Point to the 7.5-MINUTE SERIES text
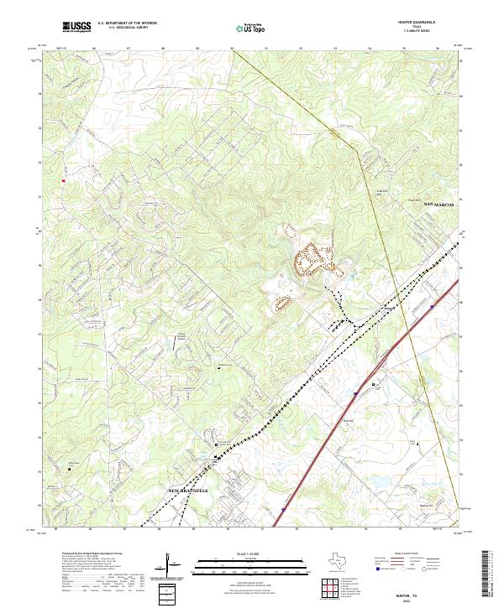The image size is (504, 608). (x=425, y=32)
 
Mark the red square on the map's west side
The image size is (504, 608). (x=61, y=179)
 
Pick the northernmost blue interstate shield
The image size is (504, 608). (x=432, y=307)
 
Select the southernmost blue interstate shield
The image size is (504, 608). (x=284, y=507)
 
